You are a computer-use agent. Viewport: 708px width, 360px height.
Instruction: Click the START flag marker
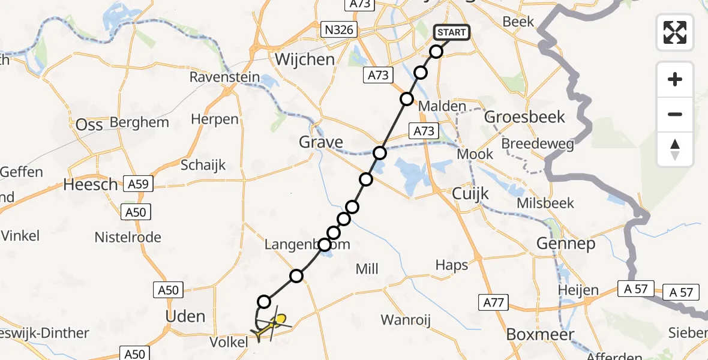451,32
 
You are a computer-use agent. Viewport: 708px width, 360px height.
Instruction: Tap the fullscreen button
675,32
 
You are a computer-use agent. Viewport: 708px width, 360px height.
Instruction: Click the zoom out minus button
675,114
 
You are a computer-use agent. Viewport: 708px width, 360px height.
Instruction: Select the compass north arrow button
675,149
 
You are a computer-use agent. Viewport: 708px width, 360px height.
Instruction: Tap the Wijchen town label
304,59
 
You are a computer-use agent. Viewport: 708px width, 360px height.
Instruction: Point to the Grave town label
322,142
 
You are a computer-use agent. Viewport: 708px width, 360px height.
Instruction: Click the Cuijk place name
470,193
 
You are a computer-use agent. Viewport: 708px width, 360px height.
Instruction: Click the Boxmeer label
540,334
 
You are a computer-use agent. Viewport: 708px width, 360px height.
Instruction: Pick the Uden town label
185,316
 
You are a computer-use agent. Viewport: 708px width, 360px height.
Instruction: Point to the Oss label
90,125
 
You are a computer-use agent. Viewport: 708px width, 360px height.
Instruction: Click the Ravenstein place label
225,77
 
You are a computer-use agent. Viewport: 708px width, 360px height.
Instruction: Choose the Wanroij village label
406,320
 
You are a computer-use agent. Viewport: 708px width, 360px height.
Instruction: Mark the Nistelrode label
128,238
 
